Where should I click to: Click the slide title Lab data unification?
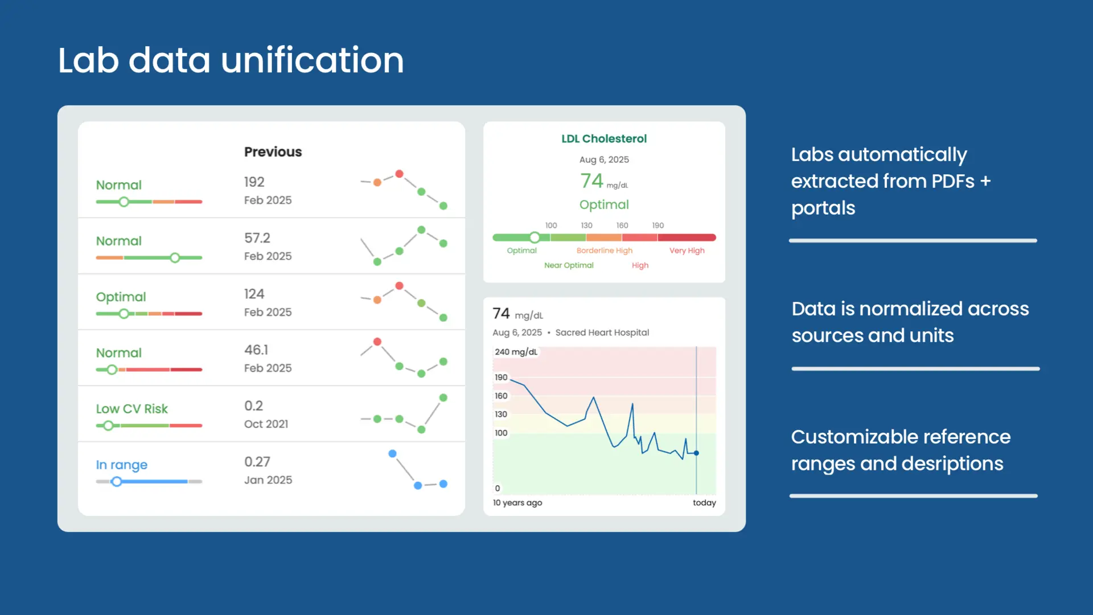coord(231,60)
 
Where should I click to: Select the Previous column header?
coord(273,151)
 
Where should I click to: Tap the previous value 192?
coord(254,182)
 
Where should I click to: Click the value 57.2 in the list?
coord(257,237)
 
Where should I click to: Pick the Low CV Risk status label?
coord(132,409)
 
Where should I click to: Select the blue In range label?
coord(121,465)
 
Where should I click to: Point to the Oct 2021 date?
coord(266,424)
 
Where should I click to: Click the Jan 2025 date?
coord(268,480)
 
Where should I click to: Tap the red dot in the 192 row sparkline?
coord(399,174)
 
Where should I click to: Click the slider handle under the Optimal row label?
coord(124,314)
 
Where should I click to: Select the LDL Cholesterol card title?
coord(603,138)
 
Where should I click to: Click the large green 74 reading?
coord(591,181)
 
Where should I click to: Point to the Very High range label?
coord(687,251)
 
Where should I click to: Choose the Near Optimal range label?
coord(568,265)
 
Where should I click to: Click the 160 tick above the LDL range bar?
coord(622,225)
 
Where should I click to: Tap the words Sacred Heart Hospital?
coord(602,333)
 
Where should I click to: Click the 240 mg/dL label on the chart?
coord(516,352)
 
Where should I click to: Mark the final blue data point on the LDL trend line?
coord(696,453)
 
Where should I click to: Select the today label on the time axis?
coord(704,503)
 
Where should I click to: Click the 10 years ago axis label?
coord(517,503)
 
